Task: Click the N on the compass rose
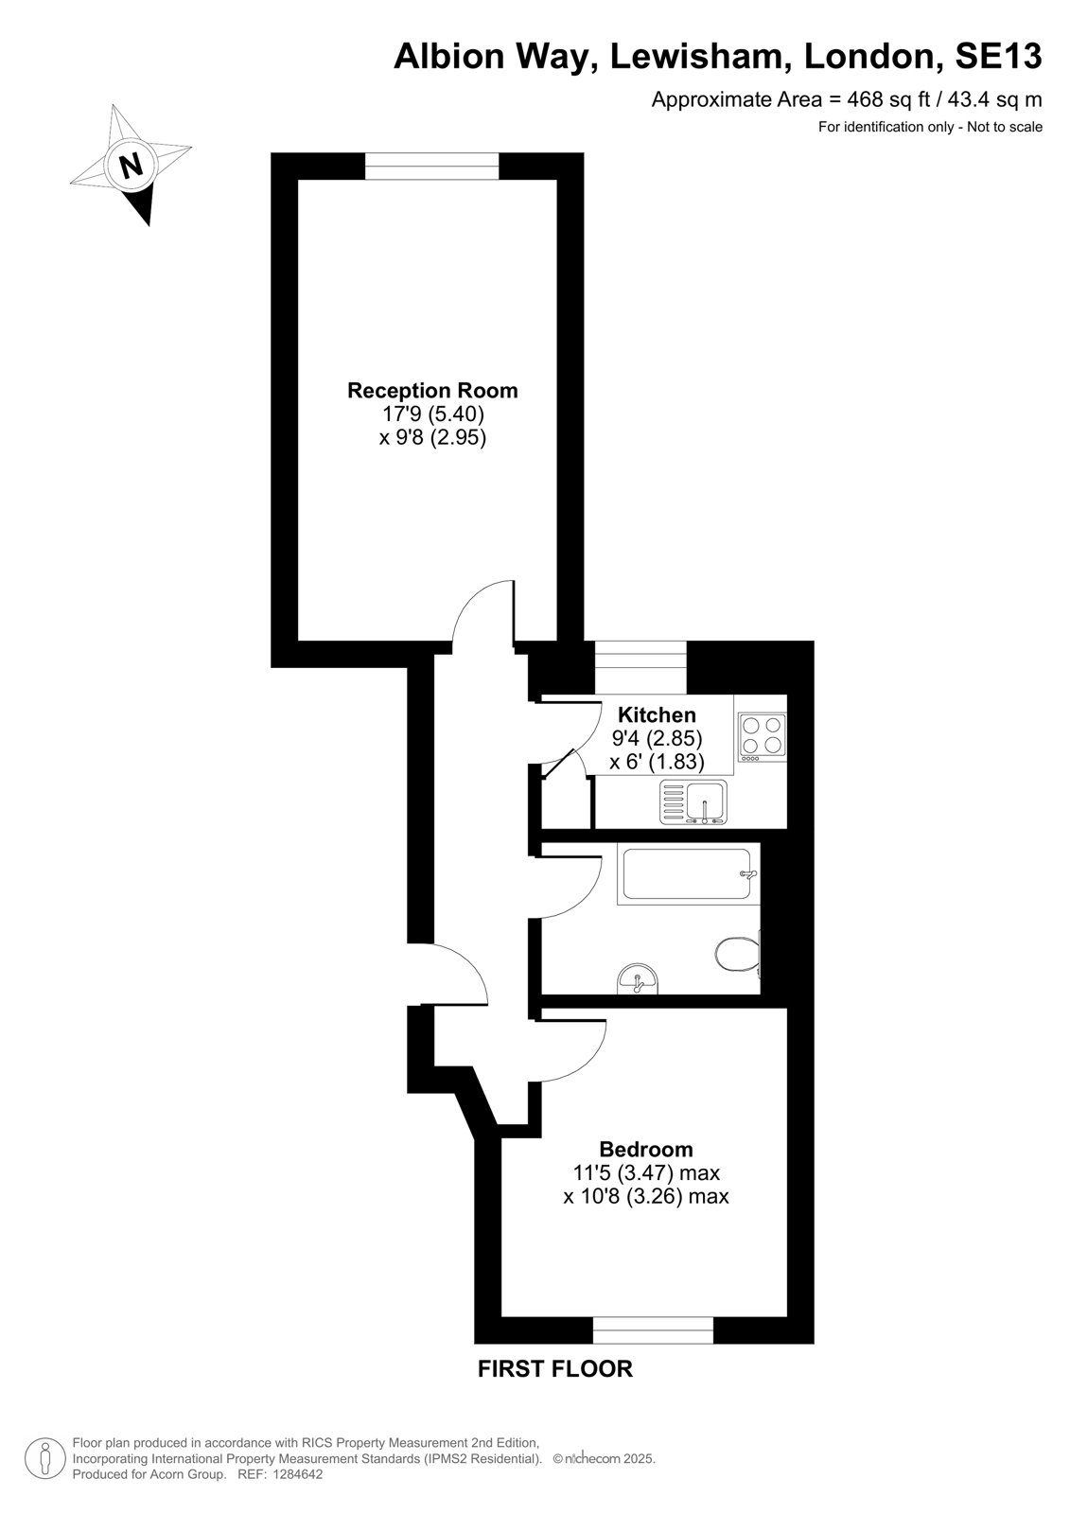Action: tap(131, 165)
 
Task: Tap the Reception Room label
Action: tap(432, 390)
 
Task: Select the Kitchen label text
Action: tap(657, 714)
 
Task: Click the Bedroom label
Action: tap(646, 1149)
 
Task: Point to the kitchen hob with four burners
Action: tap(763, 737)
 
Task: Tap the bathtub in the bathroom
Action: tap(688, 874)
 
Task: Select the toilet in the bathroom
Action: tap(738, 954)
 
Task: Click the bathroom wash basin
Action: tap(638, 978)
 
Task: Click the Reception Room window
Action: tap(432, 167)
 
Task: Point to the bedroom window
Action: tap(653, 1329)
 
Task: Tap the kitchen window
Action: tap(640, 667)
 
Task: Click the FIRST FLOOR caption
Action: tap(555, 1368)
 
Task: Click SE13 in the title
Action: tap(998, 56)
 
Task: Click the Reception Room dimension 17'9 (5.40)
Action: tap(433, 413)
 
